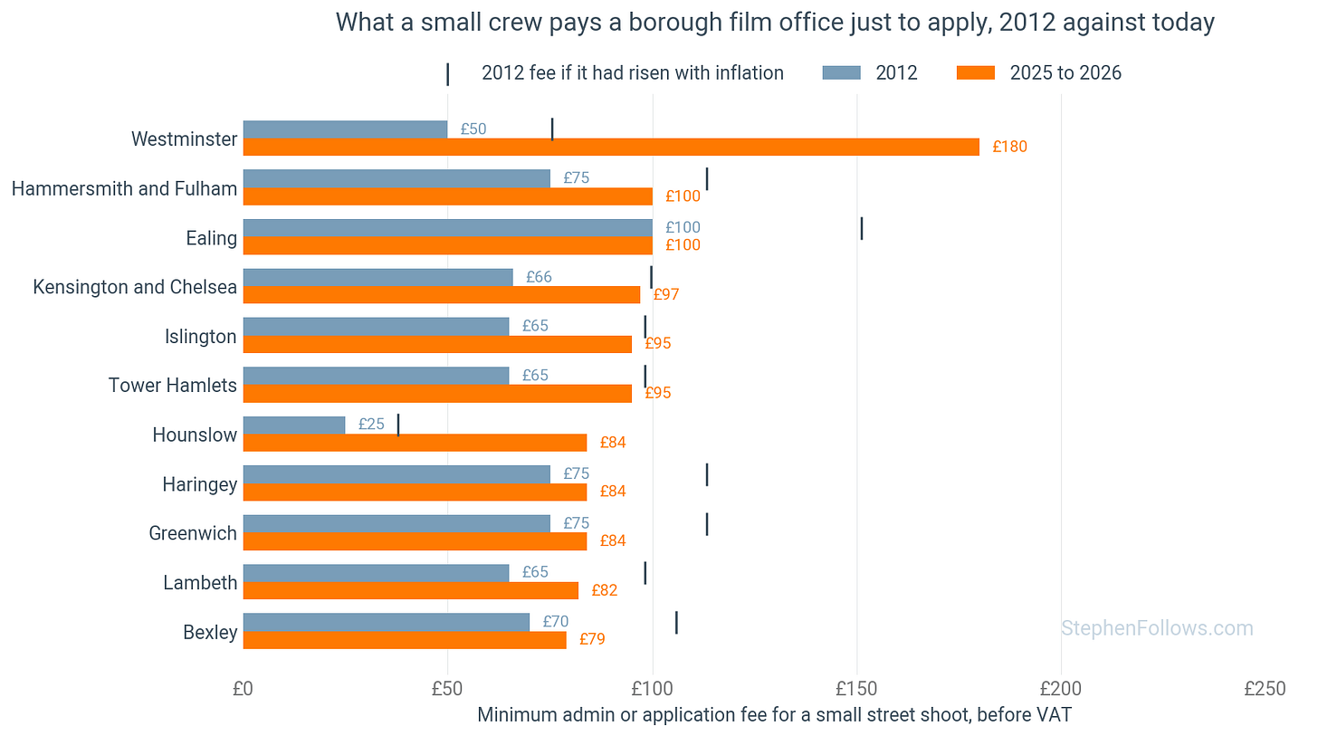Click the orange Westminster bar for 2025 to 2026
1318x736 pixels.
[x=611, y=147]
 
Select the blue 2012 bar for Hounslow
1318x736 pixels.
[x=294, y=425]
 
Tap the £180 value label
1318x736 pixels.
[x=1009, y=147]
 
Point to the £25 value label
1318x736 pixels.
[x=371, y=425]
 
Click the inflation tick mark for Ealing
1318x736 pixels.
[x=862, y=228]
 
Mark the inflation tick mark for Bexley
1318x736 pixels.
[x=677, y=623]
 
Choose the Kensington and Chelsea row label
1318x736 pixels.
[x=135, y=287]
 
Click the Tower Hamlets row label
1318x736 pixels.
[x=172, y=386]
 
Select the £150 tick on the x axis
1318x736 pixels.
[x=856, y=688]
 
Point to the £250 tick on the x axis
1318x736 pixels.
[x=1265, y=688]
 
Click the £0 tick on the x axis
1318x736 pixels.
[x=243, y=688]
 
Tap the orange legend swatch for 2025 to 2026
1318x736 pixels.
[x=976, y=73]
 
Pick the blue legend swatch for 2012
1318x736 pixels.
[x=842, y=73]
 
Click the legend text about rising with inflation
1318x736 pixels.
[x=633, y=73]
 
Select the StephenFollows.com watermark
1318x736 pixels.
[x=1158, y=628]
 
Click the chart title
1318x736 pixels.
[x=775, y=23]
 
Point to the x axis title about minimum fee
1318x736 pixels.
[x=774, y=715]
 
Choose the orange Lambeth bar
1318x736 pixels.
[x=411, y=590]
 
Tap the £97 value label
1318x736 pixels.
[x=666, y=294]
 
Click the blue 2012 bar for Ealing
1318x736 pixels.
[x=448, y=228]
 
